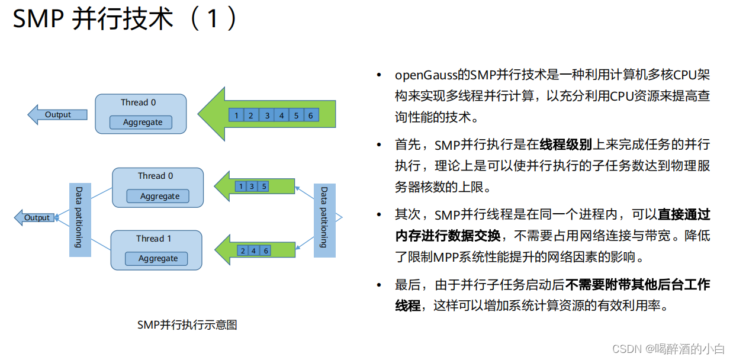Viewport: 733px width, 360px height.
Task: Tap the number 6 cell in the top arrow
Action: click(x=310, y=115)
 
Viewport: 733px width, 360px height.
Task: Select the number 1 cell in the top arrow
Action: click(x=236, y=115)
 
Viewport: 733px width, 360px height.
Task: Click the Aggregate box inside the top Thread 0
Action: click(x=142, y=123)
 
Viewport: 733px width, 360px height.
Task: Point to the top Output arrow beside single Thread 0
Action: click(x=57, y=115)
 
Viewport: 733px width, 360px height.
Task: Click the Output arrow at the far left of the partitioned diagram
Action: click(x=36, y=218)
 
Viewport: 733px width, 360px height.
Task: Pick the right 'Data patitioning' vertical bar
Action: click(x=324, y=217)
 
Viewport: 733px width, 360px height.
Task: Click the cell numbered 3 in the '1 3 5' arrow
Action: click(x=252, y=187)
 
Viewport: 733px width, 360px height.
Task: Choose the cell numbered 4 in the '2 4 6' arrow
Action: click(x=254, y=250)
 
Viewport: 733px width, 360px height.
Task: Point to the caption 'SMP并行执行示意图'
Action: click(x=187, y=324)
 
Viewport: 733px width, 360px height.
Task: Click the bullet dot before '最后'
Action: click(x=379, y=285)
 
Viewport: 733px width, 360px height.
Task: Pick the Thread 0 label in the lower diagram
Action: click(x=155, y=176)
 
